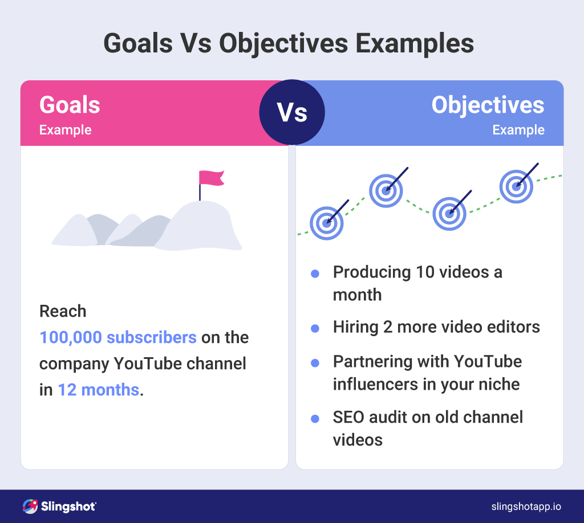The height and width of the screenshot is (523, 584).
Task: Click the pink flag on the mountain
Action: click(210, 178)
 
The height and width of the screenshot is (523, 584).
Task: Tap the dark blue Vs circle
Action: click(292, 112)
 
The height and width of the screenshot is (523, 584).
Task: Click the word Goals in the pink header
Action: click(70, 105)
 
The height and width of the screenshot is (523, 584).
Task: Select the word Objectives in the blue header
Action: click(488, 105)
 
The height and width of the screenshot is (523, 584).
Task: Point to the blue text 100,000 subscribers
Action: click(118, 337)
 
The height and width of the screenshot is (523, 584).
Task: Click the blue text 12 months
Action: click(99, 390)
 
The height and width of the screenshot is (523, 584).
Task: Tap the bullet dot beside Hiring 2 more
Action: click(315, 329)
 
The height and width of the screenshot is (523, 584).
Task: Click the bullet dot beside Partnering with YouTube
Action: click(315, 363)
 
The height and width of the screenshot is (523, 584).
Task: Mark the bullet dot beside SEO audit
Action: click(315, 419)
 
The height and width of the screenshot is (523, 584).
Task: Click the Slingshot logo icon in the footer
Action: click(30, 506)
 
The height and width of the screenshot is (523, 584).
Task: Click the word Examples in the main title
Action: click(415, 44)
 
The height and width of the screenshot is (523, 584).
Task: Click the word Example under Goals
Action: click(65, 130)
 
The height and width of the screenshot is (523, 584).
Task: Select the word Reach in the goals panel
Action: click(63, 311)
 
